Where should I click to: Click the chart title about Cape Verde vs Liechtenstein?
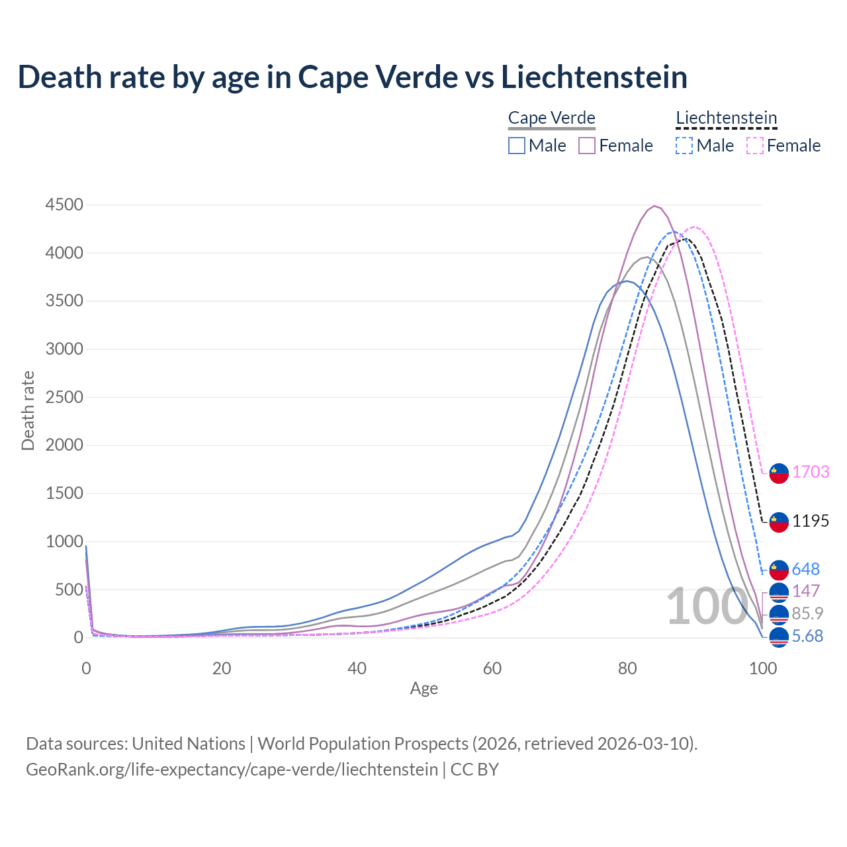coord(352,77)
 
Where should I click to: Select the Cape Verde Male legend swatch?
coord(517,146)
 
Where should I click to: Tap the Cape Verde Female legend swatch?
coord(587,146)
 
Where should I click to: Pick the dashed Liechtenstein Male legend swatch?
coord(684,146)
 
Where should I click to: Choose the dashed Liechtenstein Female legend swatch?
coord(755,146)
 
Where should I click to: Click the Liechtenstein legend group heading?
coord(726,118)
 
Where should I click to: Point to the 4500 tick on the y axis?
coord(64,205)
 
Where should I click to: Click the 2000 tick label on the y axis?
coord(64,445)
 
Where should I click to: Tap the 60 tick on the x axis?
coord(492,668)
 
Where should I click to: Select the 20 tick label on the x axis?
coord(222,668)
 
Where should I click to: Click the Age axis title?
coord(424,689)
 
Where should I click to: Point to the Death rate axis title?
coord(28,410)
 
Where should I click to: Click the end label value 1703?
coord(811,472)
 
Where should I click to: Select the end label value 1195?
coord(811,521)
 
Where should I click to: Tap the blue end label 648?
coord(806,569)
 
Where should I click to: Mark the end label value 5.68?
coord(807,637)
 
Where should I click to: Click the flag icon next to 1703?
coord(779,473)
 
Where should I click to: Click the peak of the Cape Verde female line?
coord(654,206)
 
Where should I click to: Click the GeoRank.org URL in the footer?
coord(232,770)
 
